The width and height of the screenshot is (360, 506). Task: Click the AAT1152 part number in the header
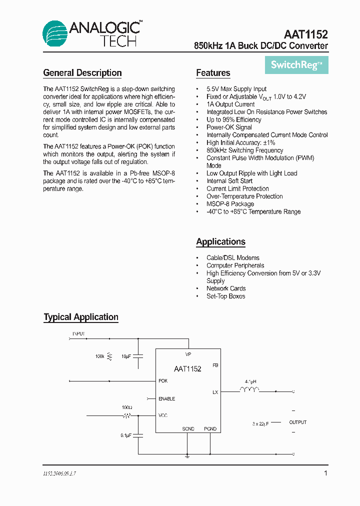coord(305,34)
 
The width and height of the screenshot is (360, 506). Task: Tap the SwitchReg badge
coord(296,65)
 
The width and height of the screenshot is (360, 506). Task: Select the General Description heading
coord(82,73)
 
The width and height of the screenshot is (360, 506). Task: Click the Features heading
coord(213,73)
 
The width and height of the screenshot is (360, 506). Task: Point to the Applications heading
coord(220,242)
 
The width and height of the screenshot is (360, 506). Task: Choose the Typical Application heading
coord(81,317)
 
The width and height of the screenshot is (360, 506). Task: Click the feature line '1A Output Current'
coord(230,104)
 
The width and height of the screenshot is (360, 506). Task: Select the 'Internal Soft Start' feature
coord(229,181)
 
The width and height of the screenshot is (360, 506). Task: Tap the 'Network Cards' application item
coord(226,288)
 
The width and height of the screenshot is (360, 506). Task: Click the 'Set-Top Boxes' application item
coord(226,296)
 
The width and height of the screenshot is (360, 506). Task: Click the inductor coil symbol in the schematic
coord(249,390)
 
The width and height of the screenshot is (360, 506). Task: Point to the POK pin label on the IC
coord(163,381)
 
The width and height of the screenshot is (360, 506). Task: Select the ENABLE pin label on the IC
coord(166,399)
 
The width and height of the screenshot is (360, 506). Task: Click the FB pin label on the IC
coord(215,365)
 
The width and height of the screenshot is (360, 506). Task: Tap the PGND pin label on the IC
coord(210,429)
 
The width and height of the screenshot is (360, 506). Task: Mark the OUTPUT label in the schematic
coord(298,422)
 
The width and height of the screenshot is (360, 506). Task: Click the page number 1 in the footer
coord(325,473)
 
